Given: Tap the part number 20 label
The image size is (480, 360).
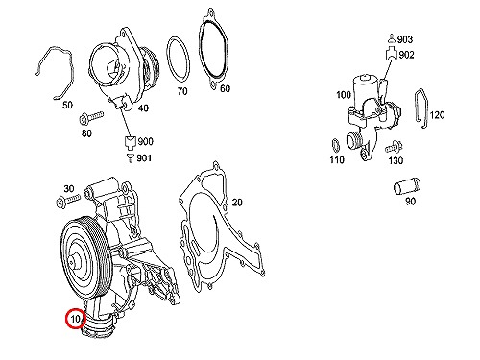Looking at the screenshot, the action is [237, 203].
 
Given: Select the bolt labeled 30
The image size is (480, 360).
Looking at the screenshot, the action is [68, 201].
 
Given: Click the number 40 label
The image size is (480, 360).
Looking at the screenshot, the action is [143, 108].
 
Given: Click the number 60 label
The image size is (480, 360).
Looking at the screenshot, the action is [225, 88].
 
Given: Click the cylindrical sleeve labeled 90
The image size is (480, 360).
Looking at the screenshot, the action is [406, 187].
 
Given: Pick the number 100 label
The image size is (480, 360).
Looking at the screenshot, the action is [344, 95].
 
